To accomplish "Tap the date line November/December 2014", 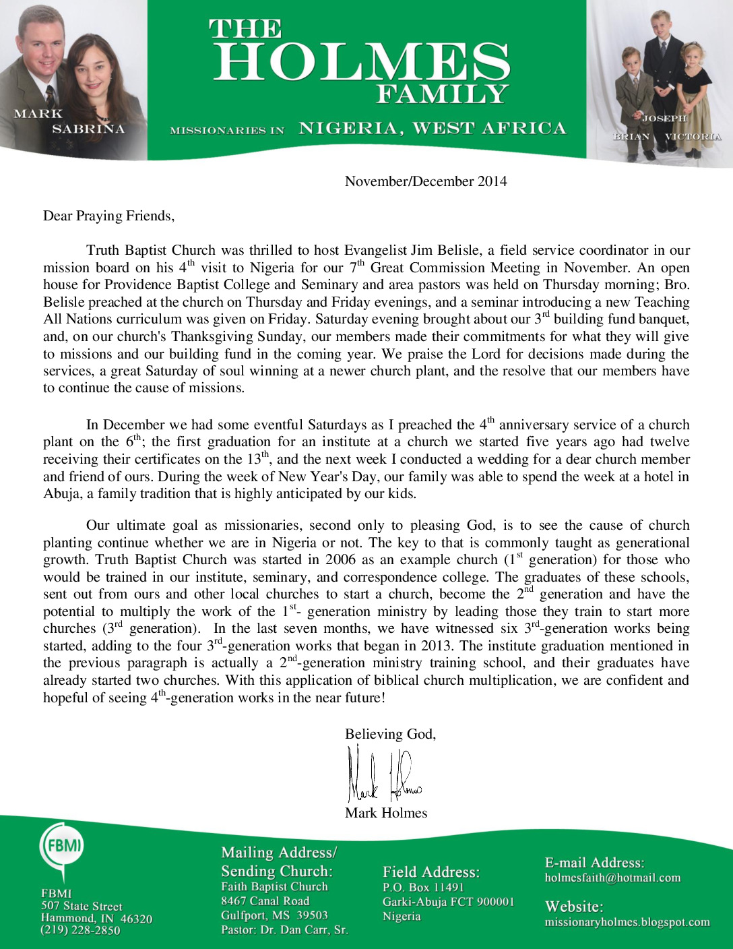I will (426, 181).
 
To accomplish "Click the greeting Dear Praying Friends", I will (108, 216).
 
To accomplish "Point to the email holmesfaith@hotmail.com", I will (612, 878).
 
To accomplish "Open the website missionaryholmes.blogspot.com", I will (627, 922).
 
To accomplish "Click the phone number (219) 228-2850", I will (80, 930).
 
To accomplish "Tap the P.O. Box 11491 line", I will (424, 887).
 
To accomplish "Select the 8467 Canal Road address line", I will (265, 901).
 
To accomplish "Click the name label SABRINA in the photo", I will (88, 129).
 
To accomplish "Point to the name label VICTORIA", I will (693, 137).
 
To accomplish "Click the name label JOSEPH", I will (664, 119).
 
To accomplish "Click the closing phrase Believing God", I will (390, 734).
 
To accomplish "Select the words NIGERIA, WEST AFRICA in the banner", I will (433, 128).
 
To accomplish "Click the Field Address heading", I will (431, 872).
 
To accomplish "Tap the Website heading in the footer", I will (574, 907).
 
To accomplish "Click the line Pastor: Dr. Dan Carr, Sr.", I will (284, 930).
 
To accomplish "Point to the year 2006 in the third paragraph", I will (340, 559).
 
